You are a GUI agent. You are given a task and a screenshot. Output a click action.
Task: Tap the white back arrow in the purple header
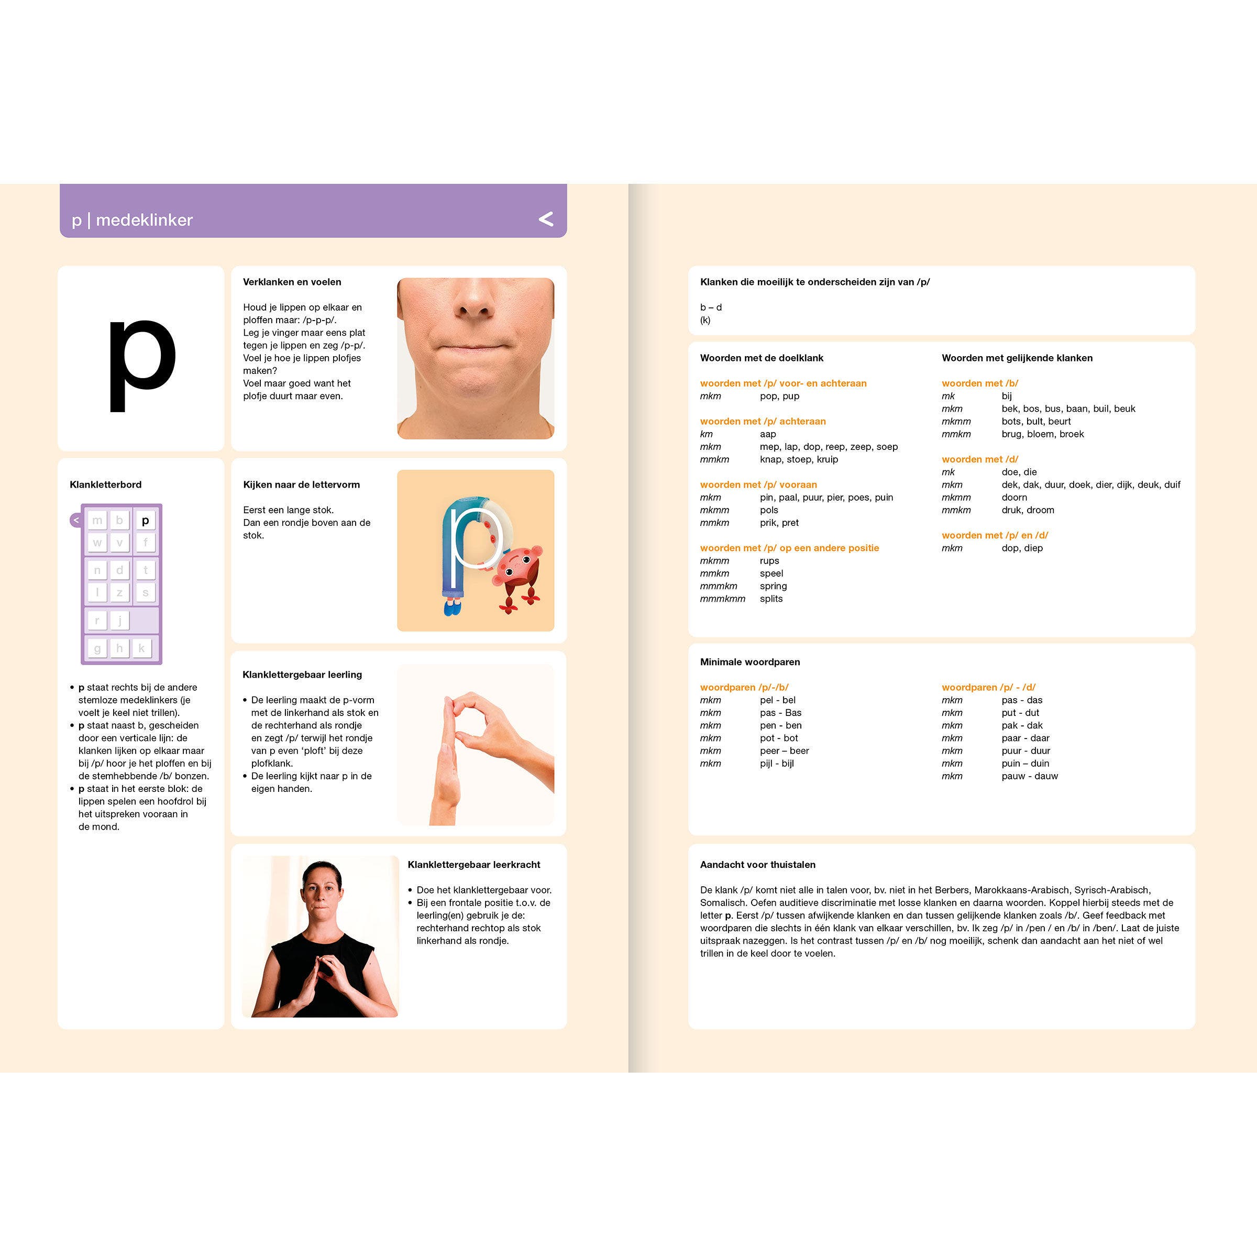[x=546, y=219]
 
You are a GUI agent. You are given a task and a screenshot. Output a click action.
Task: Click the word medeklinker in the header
[x=145, y=220]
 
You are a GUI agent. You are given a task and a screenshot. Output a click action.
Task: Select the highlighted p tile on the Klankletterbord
[x=145, y=521]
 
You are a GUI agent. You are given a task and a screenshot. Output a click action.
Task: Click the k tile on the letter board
[x=142, y=648]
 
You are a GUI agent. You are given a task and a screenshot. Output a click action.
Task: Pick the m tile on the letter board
[x=97, y=521]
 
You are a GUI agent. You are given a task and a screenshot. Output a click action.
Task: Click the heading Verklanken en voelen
[x=292, y=282]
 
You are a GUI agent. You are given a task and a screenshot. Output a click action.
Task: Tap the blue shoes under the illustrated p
[x=453, y=608]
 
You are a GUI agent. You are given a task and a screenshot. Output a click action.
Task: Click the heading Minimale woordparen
[x=749, y=661]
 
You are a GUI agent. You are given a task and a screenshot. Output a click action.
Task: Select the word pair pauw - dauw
[x=1029, y=776]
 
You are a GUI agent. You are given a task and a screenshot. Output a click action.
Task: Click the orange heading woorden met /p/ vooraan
[x=758, y=484]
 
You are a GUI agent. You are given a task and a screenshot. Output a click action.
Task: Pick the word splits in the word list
[x=771, y=599]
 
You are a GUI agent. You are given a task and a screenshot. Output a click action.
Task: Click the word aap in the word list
[x=768, y=434]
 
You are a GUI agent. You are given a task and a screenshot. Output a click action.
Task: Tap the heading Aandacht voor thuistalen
[x=757, y=865]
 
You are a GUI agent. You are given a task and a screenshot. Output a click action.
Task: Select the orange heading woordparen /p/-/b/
[x=744, y=687]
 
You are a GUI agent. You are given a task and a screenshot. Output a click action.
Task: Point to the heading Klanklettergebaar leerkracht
[x=473, y=865]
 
